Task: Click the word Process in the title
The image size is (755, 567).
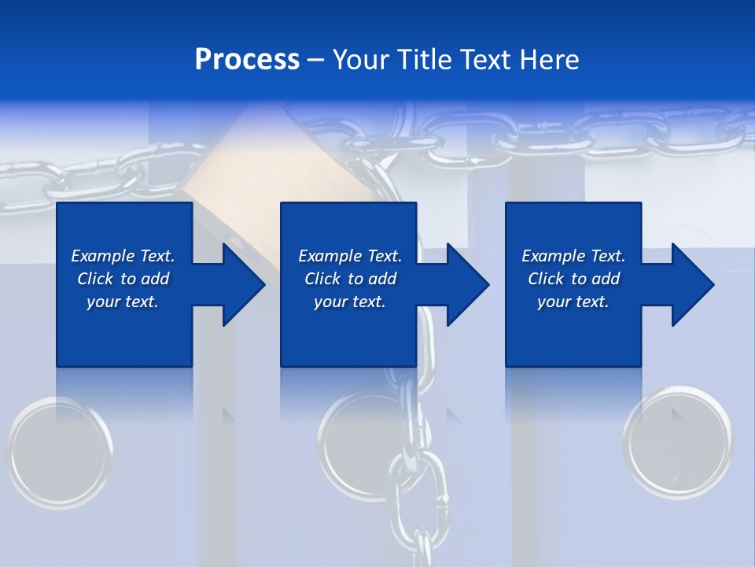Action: [x=247, y=60]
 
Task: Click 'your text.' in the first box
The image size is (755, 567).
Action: [x=123, y=302]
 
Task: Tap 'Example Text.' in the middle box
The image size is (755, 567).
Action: [x=350, y=256]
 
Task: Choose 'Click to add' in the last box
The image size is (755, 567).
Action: [x=574, y=279]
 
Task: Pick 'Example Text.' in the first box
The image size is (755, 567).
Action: [x=123, y=256]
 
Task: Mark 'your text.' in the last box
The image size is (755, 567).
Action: [x=573, y=302]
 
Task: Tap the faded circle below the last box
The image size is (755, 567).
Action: [x=677, y=441]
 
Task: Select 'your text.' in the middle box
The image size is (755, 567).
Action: [x=350, y=302]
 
